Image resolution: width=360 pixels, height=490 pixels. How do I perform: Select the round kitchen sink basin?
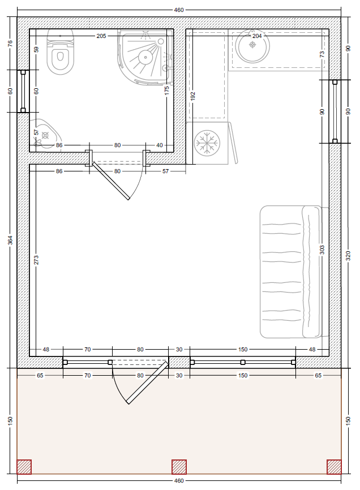[252, 46]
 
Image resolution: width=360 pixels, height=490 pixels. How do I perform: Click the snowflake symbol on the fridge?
[207, 143]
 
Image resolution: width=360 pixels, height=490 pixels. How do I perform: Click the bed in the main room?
[294, 272]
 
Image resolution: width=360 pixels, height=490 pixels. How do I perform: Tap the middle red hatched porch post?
[179, 467]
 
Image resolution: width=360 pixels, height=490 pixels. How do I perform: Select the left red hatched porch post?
[24, 467]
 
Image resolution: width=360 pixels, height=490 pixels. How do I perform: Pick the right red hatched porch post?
[334, 467]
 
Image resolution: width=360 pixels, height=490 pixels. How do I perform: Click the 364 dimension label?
[10, 240]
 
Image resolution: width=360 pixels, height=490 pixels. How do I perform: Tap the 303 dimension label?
[322, 250]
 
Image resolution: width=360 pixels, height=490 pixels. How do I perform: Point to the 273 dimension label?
[36, 260]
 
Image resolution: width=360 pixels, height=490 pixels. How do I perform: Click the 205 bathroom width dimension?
[101, 36]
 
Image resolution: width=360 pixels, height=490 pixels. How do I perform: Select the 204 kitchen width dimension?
[257, 36]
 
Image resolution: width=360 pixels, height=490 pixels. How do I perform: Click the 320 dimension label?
[349, 256]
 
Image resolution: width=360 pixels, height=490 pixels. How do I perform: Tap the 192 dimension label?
[192, 96]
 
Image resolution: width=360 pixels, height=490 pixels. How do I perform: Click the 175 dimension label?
[167, 91]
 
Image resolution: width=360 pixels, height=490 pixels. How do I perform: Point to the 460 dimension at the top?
[179, 10]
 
